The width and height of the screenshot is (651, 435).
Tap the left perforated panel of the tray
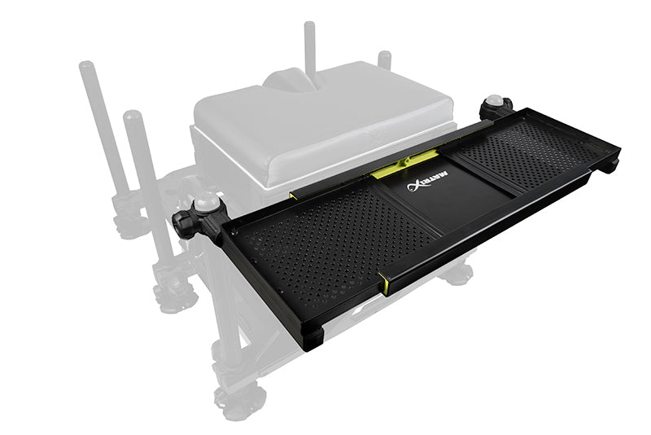[334, 239]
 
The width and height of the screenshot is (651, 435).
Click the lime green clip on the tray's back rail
[388, 169]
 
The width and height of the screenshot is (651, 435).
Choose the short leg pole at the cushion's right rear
[384, 61]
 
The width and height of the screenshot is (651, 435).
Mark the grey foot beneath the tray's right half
[456, 273]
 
